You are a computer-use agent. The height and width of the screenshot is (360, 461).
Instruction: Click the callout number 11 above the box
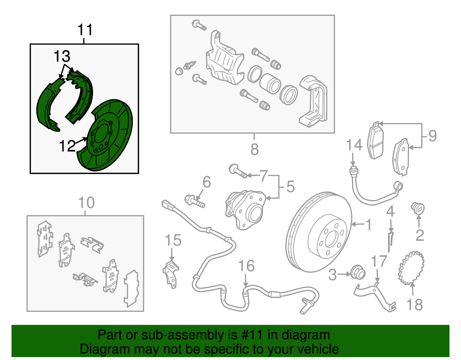coord(85,30)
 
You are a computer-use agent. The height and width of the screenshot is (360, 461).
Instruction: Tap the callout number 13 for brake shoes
coord(62,56)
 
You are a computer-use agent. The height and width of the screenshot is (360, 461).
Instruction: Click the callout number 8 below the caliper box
coord(254,149)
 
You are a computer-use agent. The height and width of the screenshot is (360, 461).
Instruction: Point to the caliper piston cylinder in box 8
coord(270,83)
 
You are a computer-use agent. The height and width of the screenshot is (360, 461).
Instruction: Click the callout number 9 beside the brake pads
coord(432,136)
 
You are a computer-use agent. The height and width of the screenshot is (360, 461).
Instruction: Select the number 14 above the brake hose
coord(354,145)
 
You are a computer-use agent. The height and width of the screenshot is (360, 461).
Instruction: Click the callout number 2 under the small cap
coord(420,235)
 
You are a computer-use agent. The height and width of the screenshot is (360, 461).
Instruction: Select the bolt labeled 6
coord(194,201)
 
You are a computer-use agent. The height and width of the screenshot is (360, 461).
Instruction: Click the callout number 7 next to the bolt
coord(264,176)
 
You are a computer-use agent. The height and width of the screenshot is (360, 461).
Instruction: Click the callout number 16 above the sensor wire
coord(246,266)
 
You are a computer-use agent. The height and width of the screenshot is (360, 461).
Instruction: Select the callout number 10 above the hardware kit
coord(86,203)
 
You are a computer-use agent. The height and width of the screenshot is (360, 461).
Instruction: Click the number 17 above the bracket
coord(379,262)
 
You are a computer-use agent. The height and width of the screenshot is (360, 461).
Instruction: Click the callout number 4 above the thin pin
coord(390,212)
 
